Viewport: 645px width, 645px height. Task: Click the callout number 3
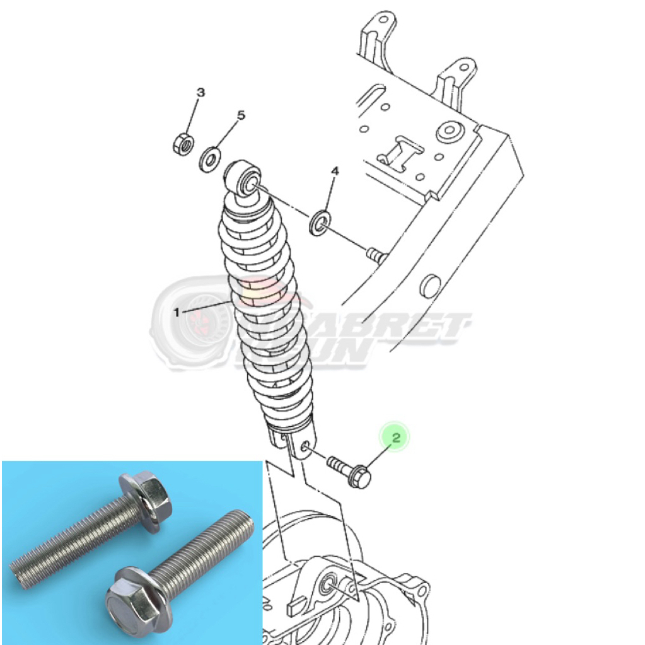(200, 93)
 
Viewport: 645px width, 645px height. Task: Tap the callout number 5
(240, 115)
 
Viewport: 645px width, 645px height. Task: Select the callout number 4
(335, 171)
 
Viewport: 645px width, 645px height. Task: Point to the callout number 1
(177, 311)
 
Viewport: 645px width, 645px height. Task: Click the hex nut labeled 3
(182, 144)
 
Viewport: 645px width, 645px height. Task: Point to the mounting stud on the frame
(376, 255)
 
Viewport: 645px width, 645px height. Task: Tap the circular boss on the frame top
(448, 131)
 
